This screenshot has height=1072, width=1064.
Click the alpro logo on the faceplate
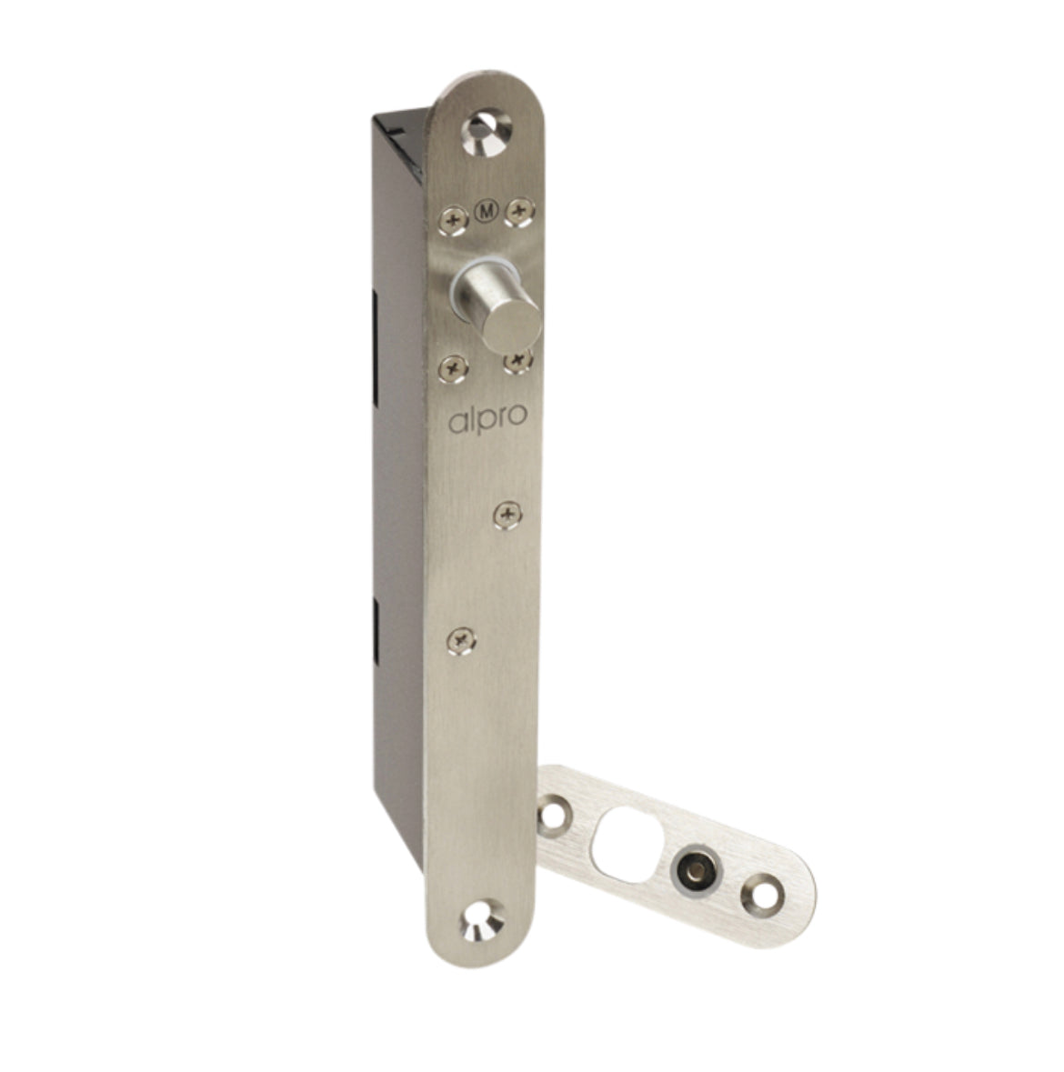click(x=487, y=419)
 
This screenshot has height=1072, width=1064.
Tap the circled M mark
click(x=487, y=212)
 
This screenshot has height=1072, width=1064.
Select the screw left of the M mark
click(x=453, y=221)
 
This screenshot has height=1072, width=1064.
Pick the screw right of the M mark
click(x=519, y=212)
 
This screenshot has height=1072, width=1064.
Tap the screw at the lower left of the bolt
click(x=453, y=369)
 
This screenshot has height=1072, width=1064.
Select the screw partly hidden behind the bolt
click(x=518, y=361)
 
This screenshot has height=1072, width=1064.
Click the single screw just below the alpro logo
click(x=508, y=515)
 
